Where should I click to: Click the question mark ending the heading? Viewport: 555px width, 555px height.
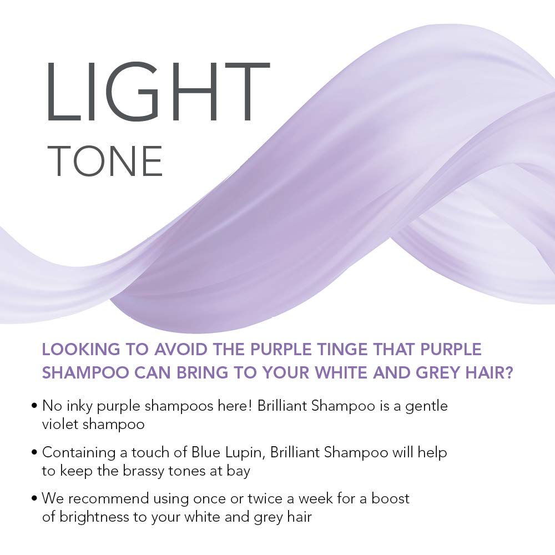tap(507, 372)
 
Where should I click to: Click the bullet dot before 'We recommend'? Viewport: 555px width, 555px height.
tap(36, 499)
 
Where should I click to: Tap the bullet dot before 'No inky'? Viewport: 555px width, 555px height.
tap(36, 406)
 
